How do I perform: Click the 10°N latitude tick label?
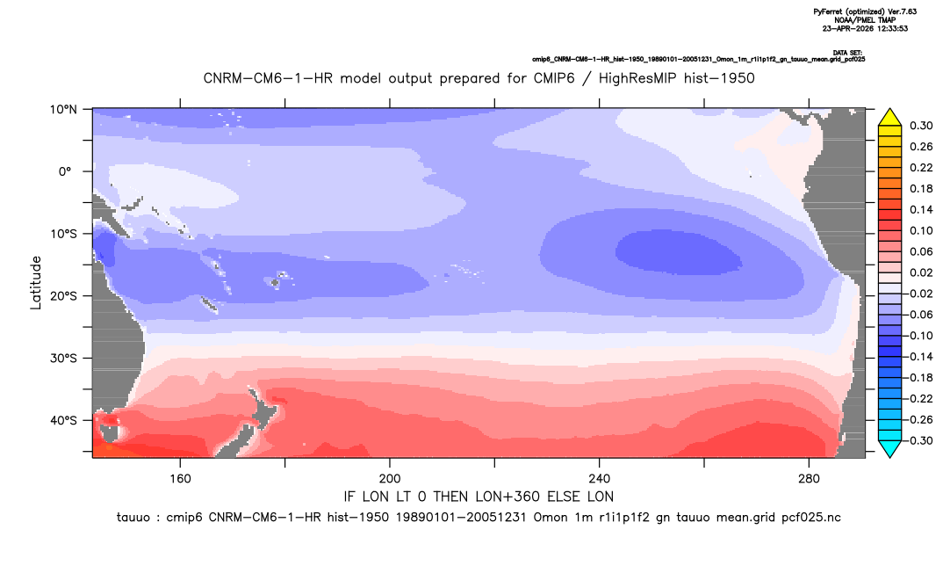63,110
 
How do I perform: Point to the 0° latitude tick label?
66,171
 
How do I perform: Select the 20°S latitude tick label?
63,295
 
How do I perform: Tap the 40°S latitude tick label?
63,420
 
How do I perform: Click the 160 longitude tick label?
180,479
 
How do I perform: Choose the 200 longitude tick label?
390,479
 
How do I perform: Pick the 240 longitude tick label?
599,479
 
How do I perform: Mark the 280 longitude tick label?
809,479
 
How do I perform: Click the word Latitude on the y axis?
36,283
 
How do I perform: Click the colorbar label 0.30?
921,126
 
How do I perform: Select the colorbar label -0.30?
918,440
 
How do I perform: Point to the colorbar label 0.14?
921,209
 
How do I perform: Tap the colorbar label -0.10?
918,336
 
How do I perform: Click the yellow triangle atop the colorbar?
889,118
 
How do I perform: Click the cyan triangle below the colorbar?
889,448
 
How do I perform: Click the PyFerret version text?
865,11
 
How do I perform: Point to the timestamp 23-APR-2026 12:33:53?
865,28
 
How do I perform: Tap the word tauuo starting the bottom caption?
133,518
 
